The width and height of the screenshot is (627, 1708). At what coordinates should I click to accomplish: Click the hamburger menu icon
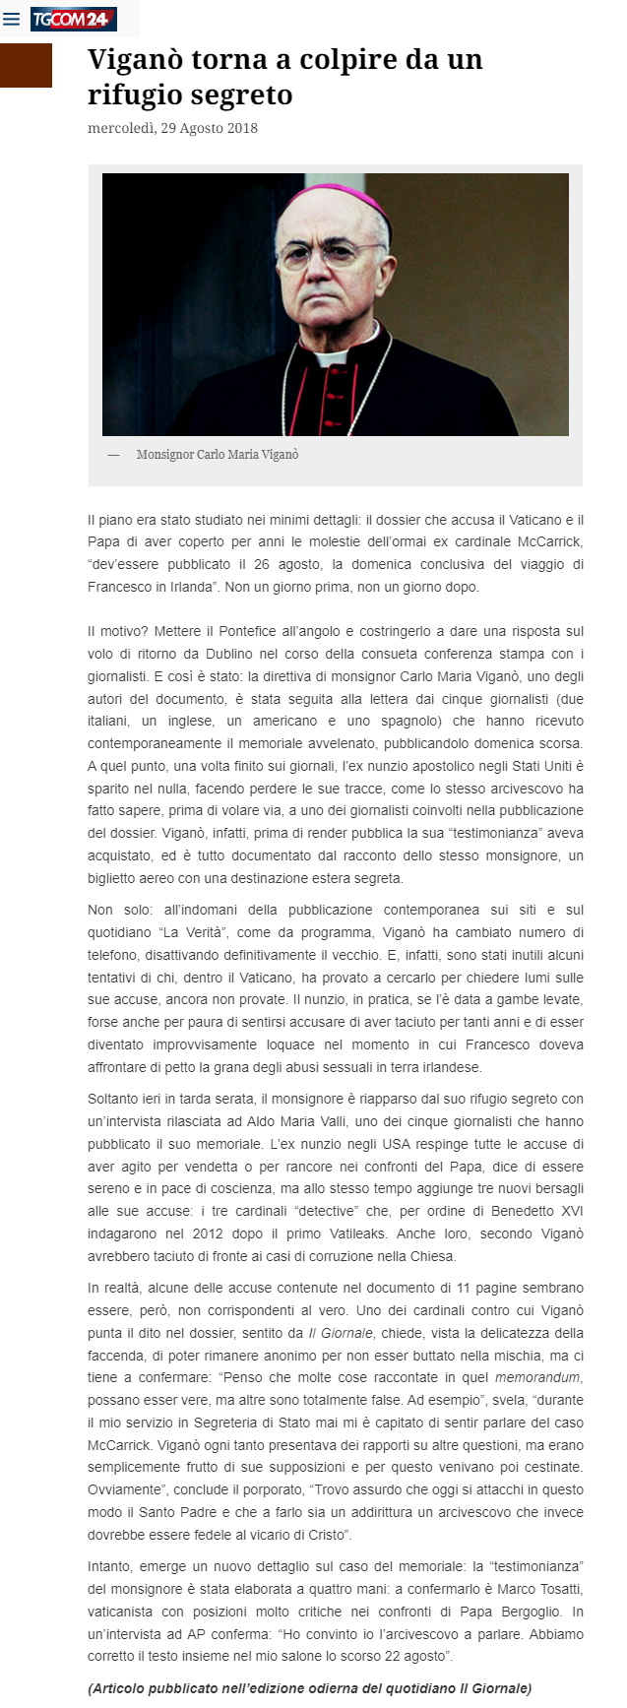pos(12,19)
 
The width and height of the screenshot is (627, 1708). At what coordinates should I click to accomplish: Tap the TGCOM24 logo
pos(73,19)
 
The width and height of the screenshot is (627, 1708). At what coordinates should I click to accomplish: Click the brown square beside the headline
pos(26,65)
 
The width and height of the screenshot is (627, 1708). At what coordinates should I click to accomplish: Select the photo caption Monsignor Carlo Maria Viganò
pos(218,455)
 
